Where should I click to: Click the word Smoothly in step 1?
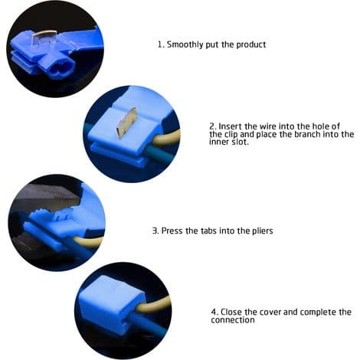[x=185, y=44]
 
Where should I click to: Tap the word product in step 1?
[x=251, y=44]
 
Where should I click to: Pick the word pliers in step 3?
[x=263, y=231]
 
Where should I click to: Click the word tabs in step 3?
[x=209, y=231]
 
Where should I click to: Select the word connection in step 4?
[x=233, y=320]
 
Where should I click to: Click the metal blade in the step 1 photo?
[x=44, y=38]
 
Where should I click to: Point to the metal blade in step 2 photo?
[x=127, y=122]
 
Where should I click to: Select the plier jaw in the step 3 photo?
[x=46, y=198]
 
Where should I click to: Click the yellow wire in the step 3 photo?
[x=89, y=241]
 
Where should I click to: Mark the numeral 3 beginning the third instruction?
[x=155, y=231]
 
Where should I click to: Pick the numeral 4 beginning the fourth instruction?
[x=214, y=312]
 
